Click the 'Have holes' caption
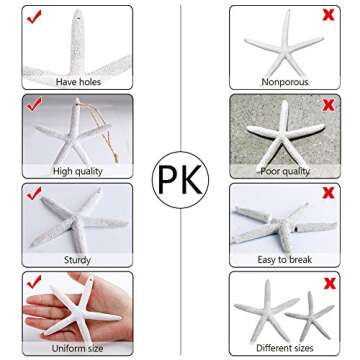tap(76, 81)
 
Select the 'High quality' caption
tap(76, 170)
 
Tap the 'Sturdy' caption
tap(76, 258)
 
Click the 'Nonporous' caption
tap(284, 81)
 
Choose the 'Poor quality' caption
tap(284, 170)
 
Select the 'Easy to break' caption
tap(284, 258)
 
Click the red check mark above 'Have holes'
tap(35, 17)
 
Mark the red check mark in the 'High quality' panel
tap(35, 105)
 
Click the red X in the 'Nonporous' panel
tap(327, 17)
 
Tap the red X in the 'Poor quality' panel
tap(327, 105)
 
